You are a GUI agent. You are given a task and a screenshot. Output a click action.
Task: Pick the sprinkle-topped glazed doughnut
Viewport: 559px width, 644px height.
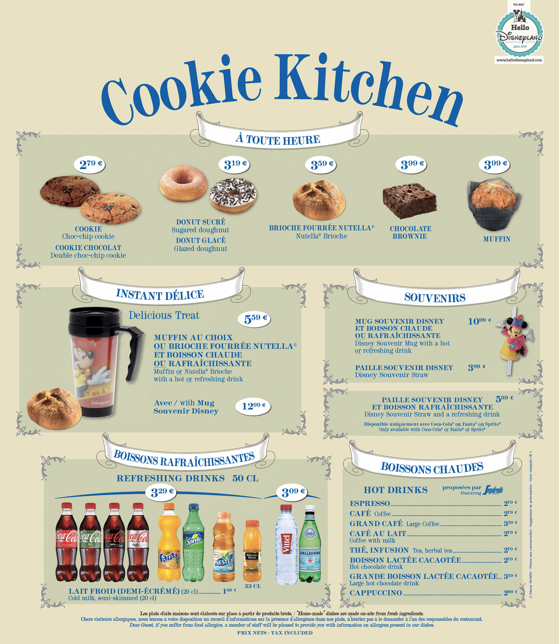coord(233,195)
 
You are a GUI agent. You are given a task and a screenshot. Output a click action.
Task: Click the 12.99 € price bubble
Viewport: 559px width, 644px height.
coord(253,406)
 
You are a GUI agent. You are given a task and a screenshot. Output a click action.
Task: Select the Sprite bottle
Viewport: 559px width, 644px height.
coord(193,543)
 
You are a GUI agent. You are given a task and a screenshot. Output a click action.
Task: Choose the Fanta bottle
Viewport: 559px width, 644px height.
coord(169,543)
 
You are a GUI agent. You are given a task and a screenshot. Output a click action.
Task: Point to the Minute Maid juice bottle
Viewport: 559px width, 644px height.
coord(252,551)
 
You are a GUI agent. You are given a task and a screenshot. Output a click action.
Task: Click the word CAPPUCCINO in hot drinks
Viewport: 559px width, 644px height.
coord(376,593)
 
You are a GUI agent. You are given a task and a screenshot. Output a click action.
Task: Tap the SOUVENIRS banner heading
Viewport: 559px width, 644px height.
coord(435,297)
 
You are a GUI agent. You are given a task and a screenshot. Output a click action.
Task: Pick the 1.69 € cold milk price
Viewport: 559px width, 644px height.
coord(229,591)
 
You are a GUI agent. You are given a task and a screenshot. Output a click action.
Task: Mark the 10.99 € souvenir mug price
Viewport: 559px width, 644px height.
coord(479,321)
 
